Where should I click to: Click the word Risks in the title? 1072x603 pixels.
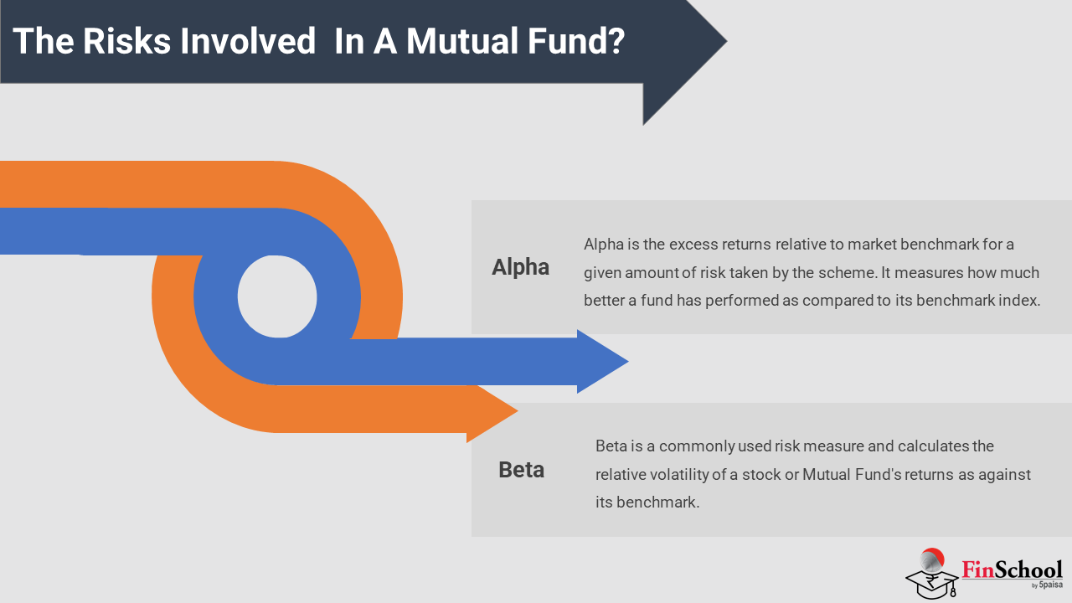click(x=126, y=41)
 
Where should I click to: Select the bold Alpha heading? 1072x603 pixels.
click(x=520, y=267)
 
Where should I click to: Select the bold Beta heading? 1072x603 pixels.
click(x=521, y=470)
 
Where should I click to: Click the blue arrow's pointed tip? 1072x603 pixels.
click(x=628, y=361)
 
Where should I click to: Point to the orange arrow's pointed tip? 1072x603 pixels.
click(x=518, y=410)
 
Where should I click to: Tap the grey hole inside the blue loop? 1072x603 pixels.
click(x=277, y=296)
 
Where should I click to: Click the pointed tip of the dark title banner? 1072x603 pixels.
click(x=726, y=42)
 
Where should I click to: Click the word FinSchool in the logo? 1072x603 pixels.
click(x=1012, y=569)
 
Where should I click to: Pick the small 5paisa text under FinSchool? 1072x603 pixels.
click(x=1050, y=585)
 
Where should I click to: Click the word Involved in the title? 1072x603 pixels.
click(x=248, y=41)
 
